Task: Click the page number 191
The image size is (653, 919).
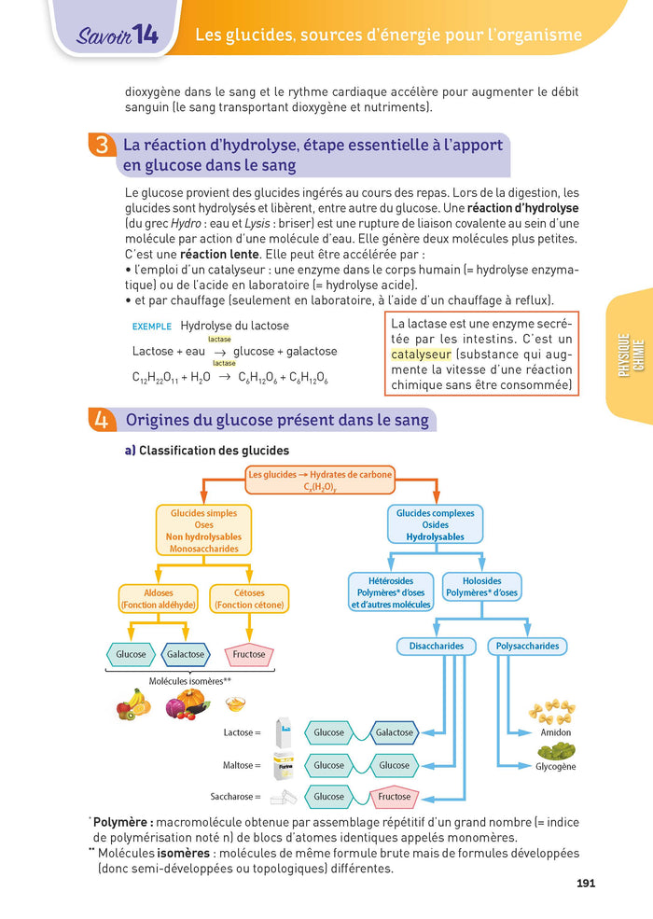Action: click(x=586, y=884)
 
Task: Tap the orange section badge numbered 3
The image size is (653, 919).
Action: click(x=101, y=146)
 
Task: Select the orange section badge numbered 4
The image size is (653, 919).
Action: click(x=101, y=420)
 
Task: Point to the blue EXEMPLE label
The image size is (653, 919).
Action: click(x=152, y=327)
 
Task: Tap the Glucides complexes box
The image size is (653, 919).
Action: click(x=435, y=524)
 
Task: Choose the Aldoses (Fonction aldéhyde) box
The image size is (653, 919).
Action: click(x=158, y=599)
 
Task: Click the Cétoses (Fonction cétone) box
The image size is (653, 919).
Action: click(x=250, y=599)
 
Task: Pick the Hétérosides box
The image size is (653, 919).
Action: click(x=391, y=592)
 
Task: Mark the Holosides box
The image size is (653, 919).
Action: click(x=481, y=586)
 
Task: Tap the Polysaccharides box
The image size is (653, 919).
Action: click(x=527, y=646)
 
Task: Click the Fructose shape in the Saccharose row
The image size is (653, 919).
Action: click(x=395, y=797)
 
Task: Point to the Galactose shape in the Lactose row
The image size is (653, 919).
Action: click(x=394, y=732)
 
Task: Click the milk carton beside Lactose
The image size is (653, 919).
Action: click(x=284, y=732)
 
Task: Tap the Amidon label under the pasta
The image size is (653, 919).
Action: click(x=556, y=733)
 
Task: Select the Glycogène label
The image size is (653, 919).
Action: click(x=556, y=767)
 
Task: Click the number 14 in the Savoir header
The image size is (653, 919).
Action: click(x=146, y=35)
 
